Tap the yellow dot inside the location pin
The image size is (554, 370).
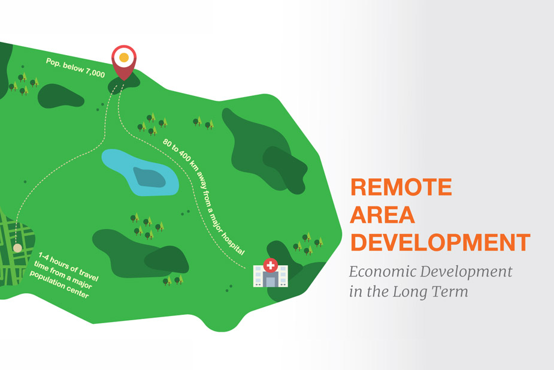tap(124, 58)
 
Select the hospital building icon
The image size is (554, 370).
tap(271, 273)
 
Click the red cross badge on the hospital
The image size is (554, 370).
tap(271, 265)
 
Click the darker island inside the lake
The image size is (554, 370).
tap(150, 178)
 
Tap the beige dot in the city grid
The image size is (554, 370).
tap(17, 248)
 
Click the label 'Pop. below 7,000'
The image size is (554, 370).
tap(75, 68)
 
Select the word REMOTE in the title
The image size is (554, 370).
tap(401, 187)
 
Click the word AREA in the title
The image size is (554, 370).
tap(382, 215)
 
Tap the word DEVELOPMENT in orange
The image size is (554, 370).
tap(440, 242)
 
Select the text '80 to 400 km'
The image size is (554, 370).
tap(180, 155)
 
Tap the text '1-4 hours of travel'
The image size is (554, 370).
tap(68, 266)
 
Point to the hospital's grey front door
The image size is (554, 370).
tap(271, 282)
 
